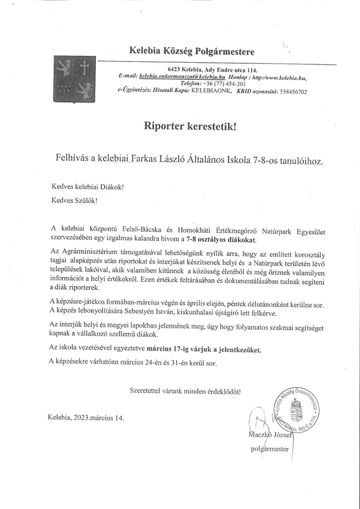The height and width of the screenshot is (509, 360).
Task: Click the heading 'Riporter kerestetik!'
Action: click(x=191, y=126)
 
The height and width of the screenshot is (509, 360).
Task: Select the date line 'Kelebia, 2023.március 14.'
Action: click(x=86, y=417)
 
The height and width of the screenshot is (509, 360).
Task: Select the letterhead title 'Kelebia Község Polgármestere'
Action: click(x=192, y=51)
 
